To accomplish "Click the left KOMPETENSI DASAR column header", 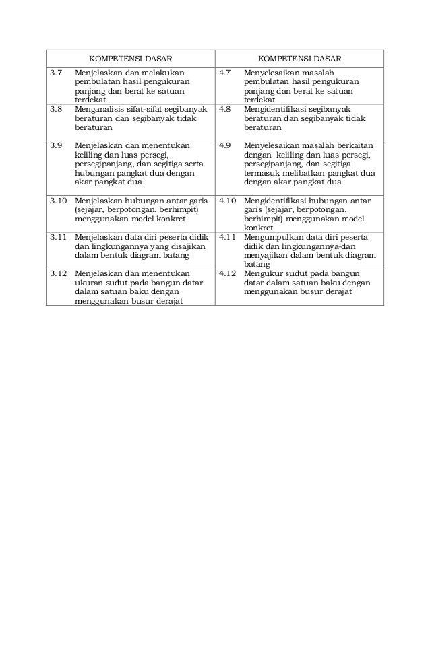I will pos(131,59).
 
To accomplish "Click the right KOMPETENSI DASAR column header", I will pos(300,59).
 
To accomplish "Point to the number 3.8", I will pos(57,108).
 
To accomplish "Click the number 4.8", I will pos(226,108).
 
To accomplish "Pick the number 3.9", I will pos(57,145).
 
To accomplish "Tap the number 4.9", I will pos(226,145).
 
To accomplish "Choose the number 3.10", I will pos(59,200).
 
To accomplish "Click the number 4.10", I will pos(228,200).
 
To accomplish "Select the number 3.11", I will pos(59,237).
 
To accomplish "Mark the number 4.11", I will pos(228,237).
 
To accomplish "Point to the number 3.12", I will pos(59,274).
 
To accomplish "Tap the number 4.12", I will pos(228,274).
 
